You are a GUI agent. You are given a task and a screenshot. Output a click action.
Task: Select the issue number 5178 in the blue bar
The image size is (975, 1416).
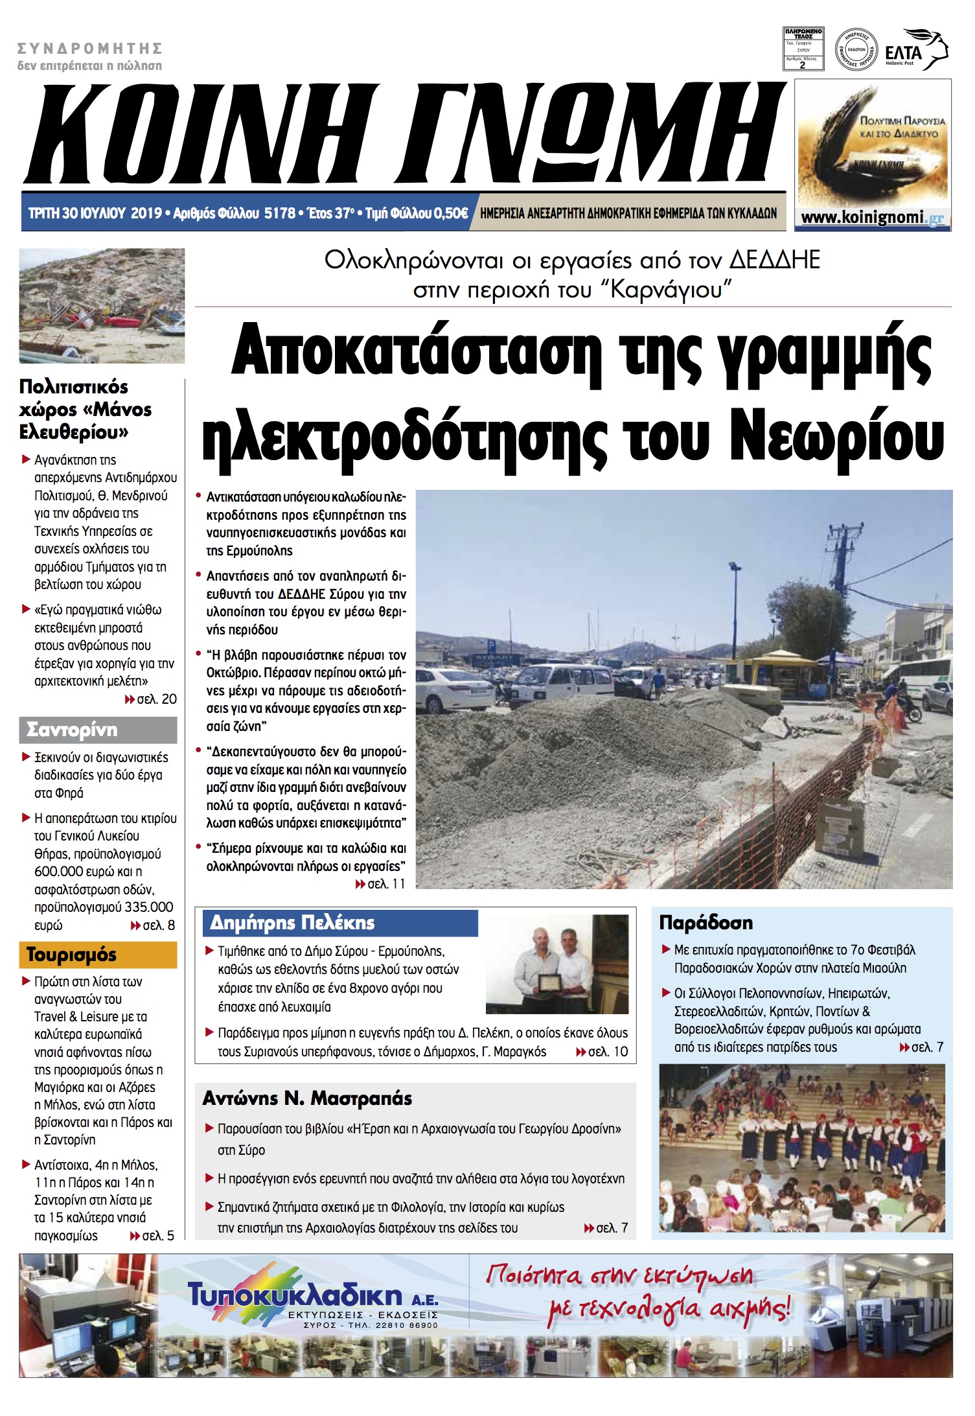pyautogui.click(x=279, y=213)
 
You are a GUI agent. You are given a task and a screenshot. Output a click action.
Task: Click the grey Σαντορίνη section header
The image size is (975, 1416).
pyautogui.click(x=72, y=730)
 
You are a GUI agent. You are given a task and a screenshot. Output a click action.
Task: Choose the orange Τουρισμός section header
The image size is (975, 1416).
pyautogui.click(x=71, y=955)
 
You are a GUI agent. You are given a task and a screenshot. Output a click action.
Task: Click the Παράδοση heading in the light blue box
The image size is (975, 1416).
pyautogui.click(x=705, y=923)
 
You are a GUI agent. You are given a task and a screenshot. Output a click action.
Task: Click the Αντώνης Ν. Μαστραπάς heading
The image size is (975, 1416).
pyautogui.click(x=308, y=1098)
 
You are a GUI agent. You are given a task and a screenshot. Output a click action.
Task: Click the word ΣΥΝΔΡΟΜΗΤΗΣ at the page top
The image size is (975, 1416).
pyautogui.click(x=89, y=49)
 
